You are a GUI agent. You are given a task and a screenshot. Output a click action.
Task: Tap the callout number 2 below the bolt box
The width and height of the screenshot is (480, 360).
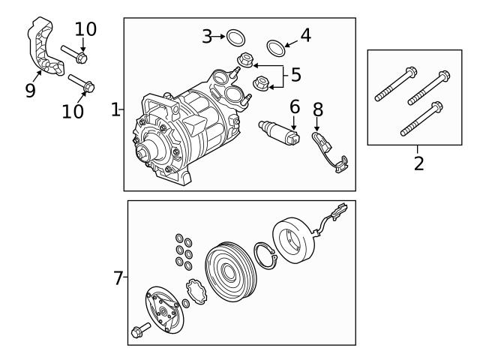418,163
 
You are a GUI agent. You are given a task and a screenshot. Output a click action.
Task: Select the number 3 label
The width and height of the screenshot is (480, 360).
207,35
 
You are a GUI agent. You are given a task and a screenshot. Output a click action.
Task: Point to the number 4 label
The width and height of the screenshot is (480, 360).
305,34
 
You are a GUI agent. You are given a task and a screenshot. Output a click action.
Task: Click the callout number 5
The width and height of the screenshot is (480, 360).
295,75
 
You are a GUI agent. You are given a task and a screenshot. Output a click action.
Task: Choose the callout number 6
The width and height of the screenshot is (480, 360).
294,108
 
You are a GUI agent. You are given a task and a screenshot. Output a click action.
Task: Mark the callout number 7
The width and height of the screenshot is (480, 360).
118,278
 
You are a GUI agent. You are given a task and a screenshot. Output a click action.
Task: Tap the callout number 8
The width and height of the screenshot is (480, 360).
317,109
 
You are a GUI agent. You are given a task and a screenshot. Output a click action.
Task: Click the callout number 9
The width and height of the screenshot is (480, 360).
30,91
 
